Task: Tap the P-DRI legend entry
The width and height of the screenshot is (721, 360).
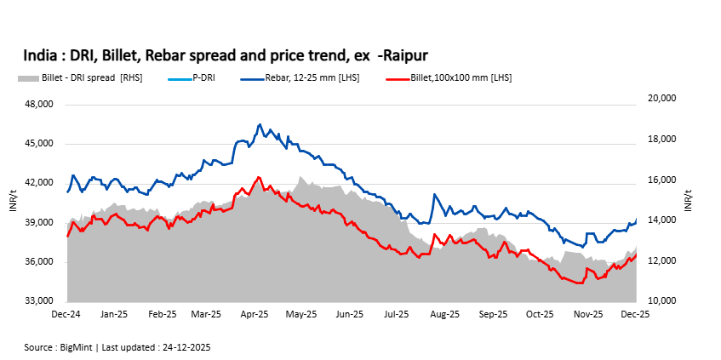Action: pos(203,77)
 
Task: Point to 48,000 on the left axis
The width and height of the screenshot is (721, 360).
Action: pos(37,105)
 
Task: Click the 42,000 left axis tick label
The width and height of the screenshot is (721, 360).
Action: pos(37,183)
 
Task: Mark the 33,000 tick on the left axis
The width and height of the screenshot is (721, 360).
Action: pos(37,301)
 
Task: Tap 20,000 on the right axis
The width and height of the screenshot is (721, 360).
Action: pos(661,99)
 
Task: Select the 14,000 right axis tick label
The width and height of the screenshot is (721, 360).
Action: pos(661,220)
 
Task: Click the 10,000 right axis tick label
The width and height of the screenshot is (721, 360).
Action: pos(661,301)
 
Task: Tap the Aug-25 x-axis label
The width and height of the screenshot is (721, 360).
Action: pos(446,315)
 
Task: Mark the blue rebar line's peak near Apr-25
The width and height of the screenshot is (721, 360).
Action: pos(260,124)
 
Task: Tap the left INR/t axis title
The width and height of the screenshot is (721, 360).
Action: pos(12,203)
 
